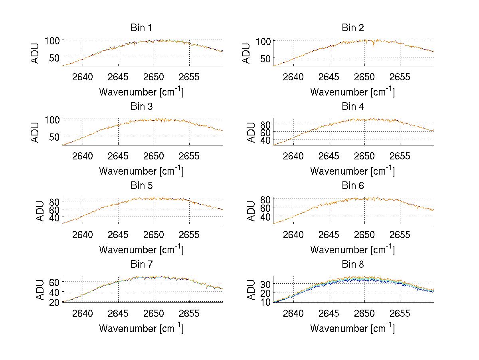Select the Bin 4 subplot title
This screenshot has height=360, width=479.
coord(352,107)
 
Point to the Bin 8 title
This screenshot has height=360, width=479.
coord(352,265)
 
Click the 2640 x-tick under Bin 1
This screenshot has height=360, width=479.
coord(83,77)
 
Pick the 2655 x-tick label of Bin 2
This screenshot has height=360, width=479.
coord(400,77)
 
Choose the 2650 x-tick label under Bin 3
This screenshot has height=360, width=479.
coord(154,156)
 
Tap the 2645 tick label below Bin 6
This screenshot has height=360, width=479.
coord(329,235)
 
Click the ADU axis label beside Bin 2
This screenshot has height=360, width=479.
coord(246,53)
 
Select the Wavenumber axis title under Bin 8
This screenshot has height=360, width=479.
coord(352,328)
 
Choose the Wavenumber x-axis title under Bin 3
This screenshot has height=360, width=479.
coord(141,171)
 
